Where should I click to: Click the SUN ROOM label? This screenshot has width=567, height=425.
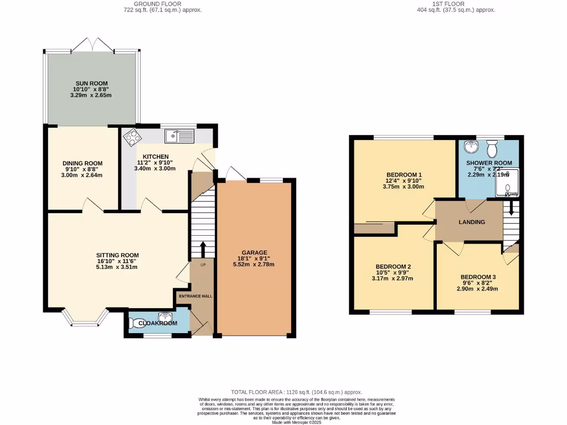(x=92, y=84)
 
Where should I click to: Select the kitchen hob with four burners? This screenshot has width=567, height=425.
(x=132, y=136)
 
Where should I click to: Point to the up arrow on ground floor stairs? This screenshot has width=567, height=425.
(x=203, y=247)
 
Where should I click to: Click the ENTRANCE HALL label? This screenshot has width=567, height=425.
(x=195, y=296)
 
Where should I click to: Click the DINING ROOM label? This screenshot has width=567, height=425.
(x=83, y=163)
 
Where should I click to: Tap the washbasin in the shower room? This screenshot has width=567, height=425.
(x=471, y=147)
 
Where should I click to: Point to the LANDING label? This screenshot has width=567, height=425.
(x=472, y=222)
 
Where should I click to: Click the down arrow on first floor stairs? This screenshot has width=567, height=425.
(x=511, y=209)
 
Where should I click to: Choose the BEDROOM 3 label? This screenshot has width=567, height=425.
(x=478, y=277)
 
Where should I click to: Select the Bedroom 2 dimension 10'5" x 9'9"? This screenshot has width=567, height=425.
(x=393, y=272)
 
